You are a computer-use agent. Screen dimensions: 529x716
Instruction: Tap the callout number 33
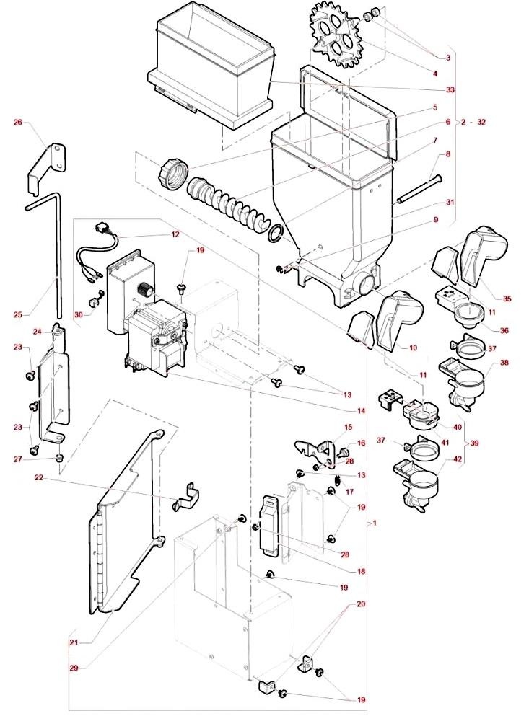coord(450,89)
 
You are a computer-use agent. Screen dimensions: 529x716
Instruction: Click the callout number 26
coord(18,122)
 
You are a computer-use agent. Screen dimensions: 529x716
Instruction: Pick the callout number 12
coord(175,235)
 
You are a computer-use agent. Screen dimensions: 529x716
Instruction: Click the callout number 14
coord(361,411)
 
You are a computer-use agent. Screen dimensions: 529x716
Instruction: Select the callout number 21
coord(74,642)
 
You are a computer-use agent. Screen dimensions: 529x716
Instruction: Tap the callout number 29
coord(74,668)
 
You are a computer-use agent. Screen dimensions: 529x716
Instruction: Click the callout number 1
coord(375,523)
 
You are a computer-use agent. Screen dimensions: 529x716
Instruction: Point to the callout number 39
coord(475,443)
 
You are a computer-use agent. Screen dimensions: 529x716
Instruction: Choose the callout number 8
coord(448,154)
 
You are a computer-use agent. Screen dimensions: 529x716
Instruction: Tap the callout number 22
coord(38,477)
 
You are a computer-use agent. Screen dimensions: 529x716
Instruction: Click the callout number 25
coord(18,314)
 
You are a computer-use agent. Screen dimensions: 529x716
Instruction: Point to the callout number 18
coord(361,571)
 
